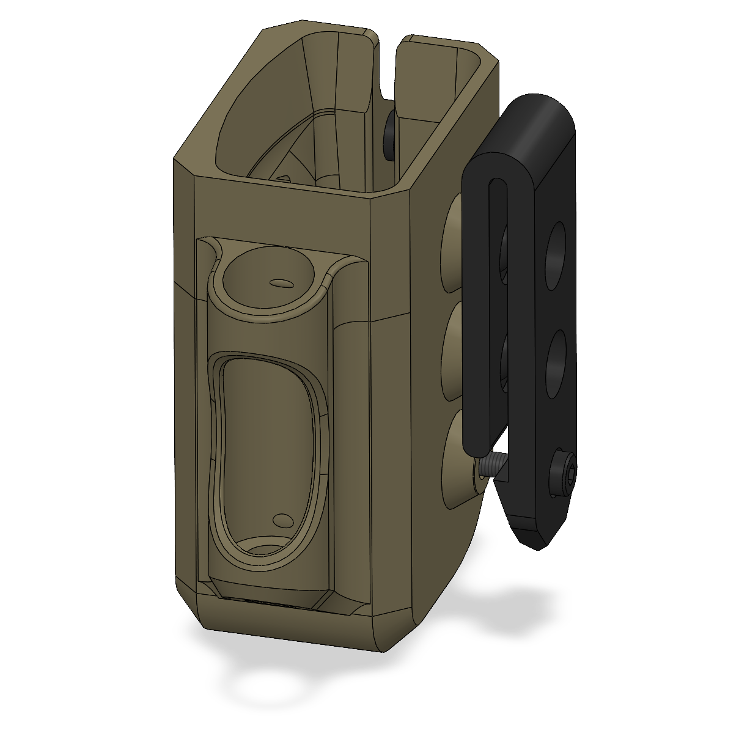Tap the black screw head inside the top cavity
coord(389,136)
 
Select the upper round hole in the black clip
coord(555,256)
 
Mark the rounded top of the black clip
coord(538,116)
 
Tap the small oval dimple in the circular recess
coord(281,283)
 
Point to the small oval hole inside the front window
coord(282,520)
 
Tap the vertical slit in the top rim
coord(386,67)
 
